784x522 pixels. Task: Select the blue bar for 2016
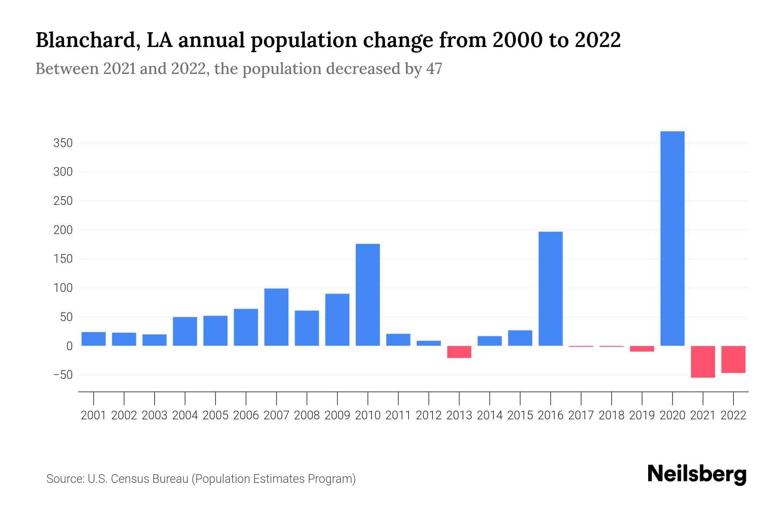(551, 289)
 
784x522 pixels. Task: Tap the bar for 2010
(368, 295)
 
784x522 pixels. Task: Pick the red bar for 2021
(703, 361)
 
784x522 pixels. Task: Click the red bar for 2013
(459, 352)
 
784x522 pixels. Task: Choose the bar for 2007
(276, 317)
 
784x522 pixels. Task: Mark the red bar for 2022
(733, 359)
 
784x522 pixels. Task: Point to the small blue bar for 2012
(429, 343)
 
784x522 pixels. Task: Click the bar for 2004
(185, 331)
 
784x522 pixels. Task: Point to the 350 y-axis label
(63, 143)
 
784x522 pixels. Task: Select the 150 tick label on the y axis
(63, 259)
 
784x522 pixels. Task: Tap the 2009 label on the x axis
(337, 415)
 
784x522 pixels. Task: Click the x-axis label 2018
(611, 415)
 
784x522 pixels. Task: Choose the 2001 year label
(94, 415)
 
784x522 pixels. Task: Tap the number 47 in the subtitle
(434, 69)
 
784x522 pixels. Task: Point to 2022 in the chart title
(598, 40)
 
